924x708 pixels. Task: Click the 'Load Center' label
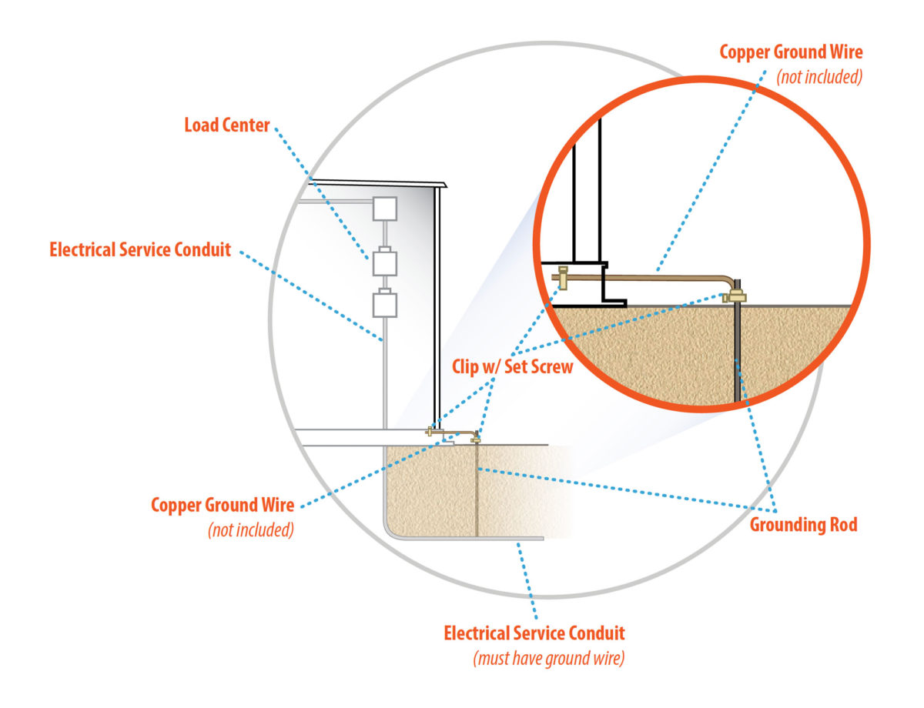click(x=227, y=125)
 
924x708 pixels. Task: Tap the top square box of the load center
click(x=384, y=209)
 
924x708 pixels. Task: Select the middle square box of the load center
click(x=384, y=263)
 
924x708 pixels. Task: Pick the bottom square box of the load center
click(x=384, y=305)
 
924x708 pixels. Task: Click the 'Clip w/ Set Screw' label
click(x=512, y=366)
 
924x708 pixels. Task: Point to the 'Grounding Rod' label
click(x=803, y=525)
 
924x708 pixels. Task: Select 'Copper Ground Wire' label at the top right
click(x=791, y=53)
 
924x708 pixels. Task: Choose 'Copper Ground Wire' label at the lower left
click(x=223, y=506)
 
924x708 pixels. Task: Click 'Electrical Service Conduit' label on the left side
click(x=140, y=249)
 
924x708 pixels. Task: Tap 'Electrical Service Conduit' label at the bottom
click(x=534, y=633)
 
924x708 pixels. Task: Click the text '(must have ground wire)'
click(x=547, y=659)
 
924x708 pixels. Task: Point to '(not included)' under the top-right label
click(x=819, y=77)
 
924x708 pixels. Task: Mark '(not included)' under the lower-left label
click(x=251, y=530)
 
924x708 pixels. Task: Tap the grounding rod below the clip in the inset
click(x=738, y=354)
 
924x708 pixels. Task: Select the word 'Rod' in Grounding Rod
click(x=842, y=525)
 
